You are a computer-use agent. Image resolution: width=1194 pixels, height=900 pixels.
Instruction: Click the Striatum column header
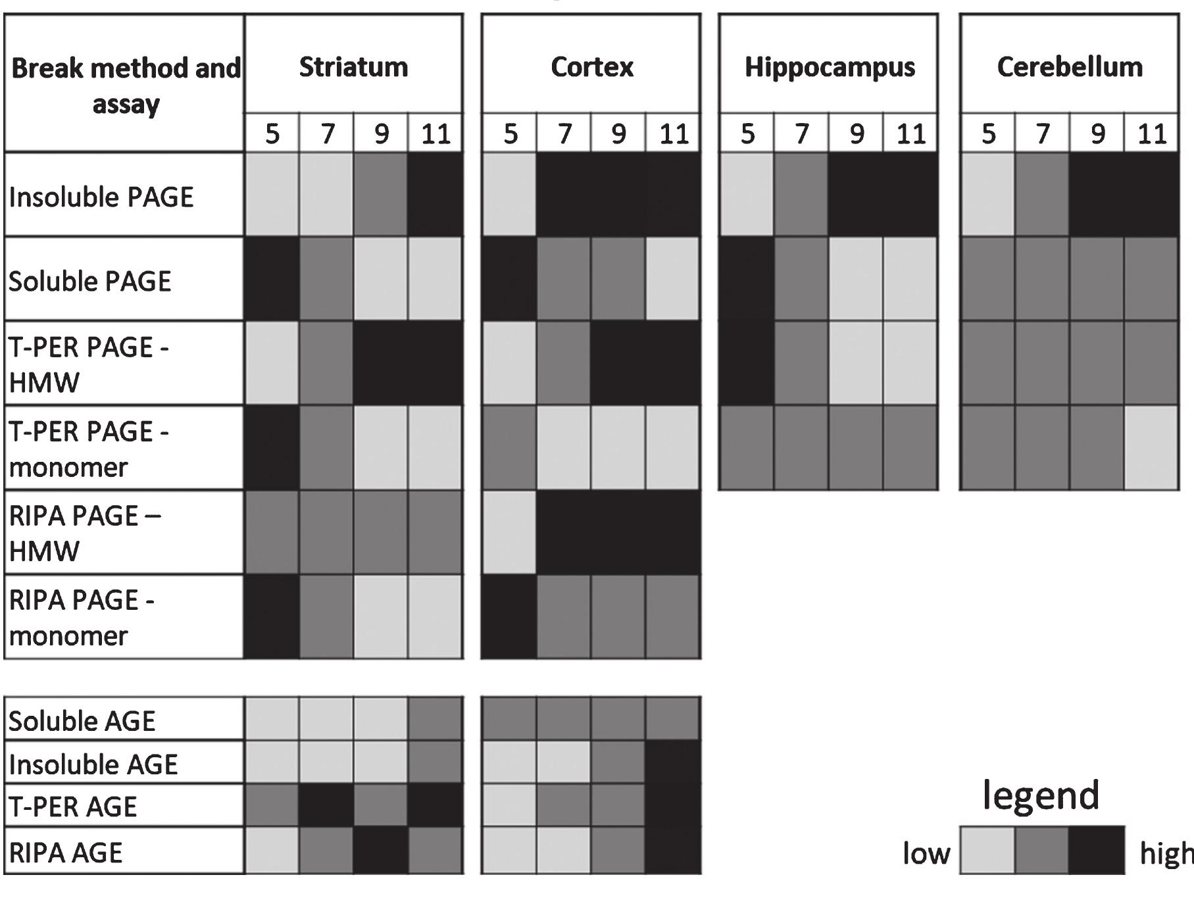[353, 67]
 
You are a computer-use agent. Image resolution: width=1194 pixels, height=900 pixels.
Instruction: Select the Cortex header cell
[591, 67]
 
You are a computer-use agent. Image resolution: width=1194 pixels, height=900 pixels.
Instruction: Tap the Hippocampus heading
[830, 67]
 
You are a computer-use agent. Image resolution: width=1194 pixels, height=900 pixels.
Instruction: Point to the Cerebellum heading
[1070, 67]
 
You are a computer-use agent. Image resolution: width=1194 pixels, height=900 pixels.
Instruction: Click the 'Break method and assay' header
[126, 86]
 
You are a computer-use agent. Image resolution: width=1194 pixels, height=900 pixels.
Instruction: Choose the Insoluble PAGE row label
[101, 197]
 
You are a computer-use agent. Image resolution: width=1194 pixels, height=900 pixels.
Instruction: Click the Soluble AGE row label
[82, 721]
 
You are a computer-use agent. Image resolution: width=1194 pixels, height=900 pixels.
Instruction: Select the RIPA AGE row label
[66, 853]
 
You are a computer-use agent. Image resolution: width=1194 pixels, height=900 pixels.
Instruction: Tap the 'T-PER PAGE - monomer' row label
[89, 449]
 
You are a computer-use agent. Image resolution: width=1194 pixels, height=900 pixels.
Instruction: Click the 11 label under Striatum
[435, 134]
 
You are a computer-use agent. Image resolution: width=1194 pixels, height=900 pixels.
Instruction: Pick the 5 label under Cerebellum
[988, 134]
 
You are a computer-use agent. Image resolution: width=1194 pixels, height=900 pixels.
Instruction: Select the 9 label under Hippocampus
[856, 134]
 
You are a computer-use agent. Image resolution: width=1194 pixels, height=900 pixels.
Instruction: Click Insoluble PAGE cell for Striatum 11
[435, 195]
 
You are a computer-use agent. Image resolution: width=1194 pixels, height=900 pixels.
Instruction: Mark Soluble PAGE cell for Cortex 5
[509, 279]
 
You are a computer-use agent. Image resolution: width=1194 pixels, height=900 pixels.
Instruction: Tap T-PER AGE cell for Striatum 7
[326, 805]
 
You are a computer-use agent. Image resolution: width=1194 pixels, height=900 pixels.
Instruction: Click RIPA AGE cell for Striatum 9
[381, 850]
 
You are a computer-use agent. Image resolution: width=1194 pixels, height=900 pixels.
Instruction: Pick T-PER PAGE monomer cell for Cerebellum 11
[1151, 447]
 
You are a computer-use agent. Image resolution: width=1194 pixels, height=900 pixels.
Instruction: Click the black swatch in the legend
[1097, 850]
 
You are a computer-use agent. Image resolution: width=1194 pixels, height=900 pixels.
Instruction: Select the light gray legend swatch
[987, 850]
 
